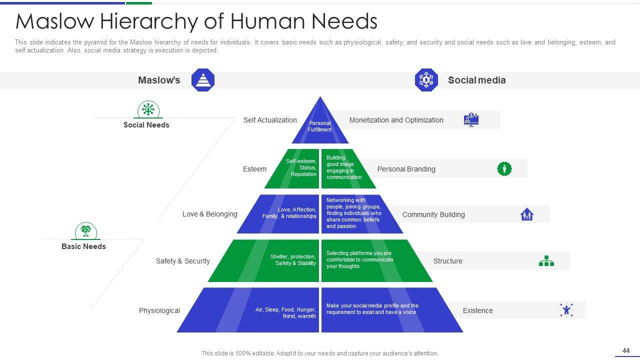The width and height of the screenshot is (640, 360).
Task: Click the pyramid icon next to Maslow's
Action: click(x=203, y=80)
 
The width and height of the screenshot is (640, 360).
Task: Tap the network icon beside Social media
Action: click(x=426, y=80)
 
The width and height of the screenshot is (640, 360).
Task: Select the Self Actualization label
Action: click(x=270, y=120)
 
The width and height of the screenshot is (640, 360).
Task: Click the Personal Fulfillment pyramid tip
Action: click(x=319, y=126)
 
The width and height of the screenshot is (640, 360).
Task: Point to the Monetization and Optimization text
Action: click(x=396, y=120)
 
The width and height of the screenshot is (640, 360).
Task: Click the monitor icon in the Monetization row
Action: click(x=471, y=119)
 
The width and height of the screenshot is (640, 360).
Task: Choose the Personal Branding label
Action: click(x=406, y=169)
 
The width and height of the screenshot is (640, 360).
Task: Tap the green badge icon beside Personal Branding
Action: click(x=504, y=168)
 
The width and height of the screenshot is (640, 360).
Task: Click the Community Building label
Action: click(x=433, y=214)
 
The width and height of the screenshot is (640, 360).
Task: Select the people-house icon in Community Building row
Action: click(x=526, y=214)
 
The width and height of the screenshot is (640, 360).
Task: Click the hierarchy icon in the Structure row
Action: click(x=546, y=261)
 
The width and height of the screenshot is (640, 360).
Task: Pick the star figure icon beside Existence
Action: click(x=566, y=310)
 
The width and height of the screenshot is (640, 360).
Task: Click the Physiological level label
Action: click(x=159, y=310)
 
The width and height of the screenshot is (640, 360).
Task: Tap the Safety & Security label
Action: click(x=182, y=261)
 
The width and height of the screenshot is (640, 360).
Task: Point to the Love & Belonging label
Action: click(x=209, y=214)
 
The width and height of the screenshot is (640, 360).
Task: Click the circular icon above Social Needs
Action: click(x=148, y=109)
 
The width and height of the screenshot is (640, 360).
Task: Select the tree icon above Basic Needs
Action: click(x=86, y=231)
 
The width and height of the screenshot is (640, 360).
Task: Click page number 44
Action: click(x=625, y=350)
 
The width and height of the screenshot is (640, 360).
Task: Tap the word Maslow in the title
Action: click(x=55, y=21)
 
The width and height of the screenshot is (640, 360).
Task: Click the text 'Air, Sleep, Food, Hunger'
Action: click(x=285, y=309)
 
